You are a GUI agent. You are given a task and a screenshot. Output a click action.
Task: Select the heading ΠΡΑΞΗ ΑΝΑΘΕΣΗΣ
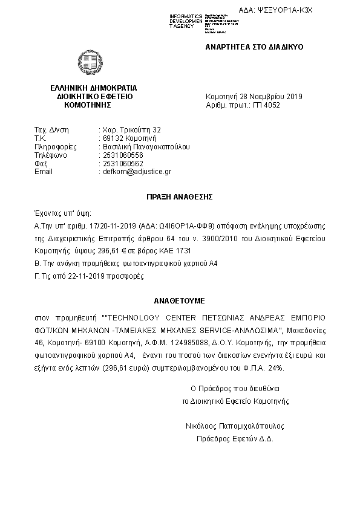180,197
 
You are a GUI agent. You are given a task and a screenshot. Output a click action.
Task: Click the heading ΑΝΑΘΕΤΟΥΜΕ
180,299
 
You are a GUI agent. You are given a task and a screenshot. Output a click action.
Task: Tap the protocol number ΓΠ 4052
267,105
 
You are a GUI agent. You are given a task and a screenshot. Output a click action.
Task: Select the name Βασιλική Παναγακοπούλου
146,146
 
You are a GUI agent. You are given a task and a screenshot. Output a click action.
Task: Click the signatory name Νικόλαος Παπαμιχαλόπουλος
235,426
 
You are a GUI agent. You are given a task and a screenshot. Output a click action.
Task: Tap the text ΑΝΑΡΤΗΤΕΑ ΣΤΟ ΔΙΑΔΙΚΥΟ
254,47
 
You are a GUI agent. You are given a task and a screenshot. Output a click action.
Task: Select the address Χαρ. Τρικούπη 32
131,129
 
